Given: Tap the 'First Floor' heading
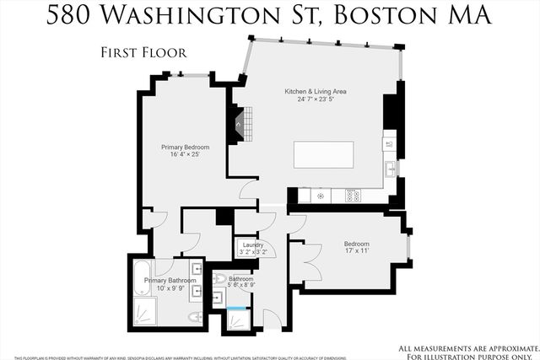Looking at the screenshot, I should [x=143, y=52].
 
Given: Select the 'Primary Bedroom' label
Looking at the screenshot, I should [x=185, y=147].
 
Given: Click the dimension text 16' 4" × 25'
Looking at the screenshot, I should [x=186, y=155].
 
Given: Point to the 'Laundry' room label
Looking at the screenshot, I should [x=253, y=244].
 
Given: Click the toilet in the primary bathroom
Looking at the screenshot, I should [x=193, y=317].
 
